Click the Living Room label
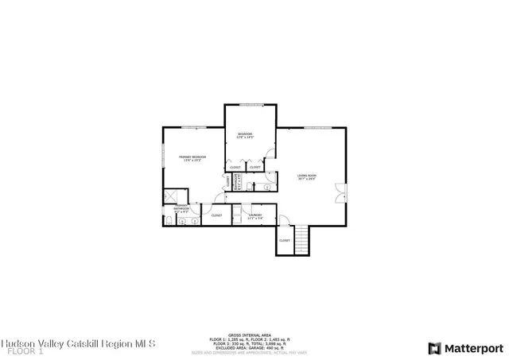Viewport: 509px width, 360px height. [x=307, y=176]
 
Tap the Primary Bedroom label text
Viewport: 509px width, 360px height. [x=192, y=158]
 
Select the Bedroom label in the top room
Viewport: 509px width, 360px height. [x=246, y=134]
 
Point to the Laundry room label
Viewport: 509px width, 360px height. [x=255, y=216]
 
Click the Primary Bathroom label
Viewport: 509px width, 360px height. [x=181, y=209]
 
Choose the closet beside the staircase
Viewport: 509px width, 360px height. [x=285, y=240]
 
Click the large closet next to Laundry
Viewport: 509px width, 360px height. [x=216, y=215]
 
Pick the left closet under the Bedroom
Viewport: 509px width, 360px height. [x=235, y=167]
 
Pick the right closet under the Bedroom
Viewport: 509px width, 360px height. [x=255, y=167]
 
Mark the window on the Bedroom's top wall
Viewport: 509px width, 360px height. [x=251, y=106]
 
